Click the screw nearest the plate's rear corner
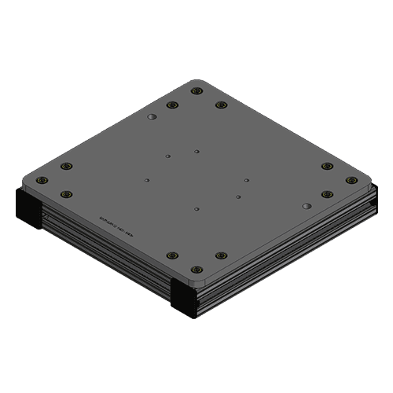(196, 91)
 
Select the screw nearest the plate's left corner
(43, 180)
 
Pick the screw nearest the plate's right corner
(350, 180)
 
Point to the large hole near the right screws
(305, 204)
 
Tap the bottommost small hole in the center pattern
(196, 210)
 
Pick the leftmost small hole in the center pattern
(147, 180)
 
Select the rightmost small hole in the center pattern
(246, 180)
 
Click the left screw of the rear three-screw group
(172, 105)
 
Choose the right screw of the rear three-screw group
(221, 105)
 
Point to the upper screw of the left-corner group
(66, 166)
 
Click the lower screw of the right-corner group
(327, 194)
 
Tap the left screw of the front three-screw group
(172, 255)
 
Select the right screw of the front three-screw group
(221, 255)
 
